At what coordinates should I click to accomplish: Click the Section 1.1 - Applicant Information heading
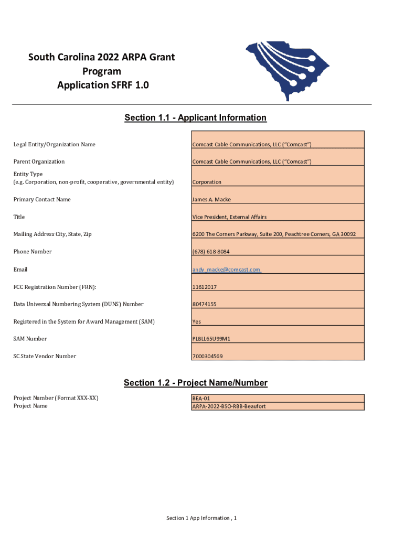195,118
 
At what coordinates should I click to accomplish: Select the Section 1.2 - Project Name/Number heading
195,383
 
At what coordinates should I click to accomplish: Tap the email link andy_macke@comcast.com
226,270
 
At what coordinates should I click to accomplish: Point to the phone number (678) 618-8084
211,252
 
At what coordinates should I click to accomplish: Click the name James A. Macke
211,199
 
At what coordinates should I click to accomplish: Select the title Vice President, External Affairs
229,217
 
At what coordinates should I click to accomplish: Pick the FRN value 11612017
205,287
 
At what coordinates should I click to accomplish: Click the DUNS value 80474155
205,304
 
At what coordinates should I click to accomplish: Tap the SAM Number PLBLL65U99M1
211,339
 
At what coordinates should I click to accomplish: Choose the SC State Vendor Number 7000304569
208,357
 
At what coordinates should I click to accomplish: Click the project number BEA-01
201,399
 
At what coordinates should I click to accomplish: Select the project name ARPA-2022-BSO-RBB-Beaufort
229,406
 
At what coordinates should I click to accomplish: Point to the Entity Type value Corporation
207,182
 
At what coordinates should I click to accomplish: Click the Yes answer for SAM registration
197,321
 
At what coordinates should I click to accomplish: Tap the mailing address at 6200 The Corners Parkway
274,234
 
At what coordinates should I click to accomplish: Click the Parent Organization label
39,162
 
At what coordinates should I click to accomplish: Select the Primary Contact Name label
42,199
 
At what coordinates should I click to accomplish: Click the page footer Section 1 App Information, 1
201,518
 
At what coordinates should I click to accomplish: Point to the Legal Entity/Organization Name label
54,144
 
